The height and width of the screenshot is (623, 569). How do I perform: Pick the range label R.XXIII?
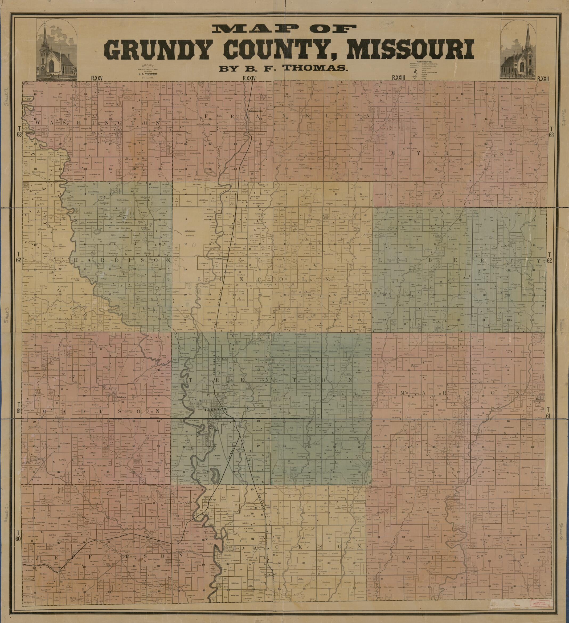398,78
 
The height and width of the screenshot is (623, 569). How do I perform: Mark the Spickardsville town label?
256,111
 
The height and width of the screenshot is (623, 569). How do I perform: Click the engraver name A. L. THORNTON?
147,74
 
